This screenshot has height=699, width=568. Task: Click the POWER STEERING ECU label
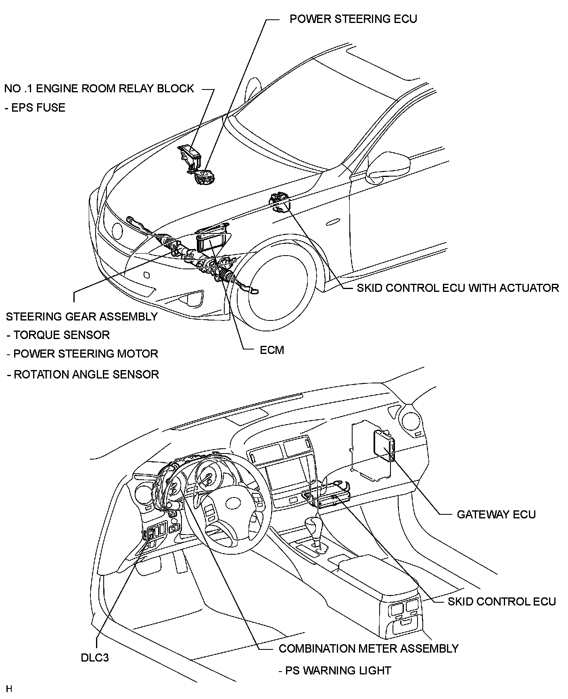click(353, 19)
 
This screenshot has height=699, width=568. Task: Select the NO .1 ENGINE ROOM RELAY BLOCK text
click(99, 89)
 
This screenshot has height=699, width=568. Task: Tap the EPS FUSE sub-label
click(35, 108)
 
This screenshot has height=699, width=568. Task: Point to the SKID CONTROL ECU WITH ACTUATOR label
click(458, 288)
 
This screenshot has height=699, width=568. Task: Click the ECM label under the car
click(272, 350)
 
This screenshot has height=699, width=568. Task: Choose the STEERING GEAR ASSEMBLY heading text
click(81, 316)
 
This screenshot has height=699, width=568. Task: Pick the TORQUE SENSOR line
click(58, 335)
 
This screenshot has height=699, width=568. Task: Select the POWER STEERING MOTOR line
click(82, 354)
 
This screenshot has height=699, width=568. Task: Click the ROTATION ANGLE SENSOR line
click(83, 374)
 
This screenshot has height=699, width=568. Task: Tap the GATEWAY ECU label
click(496, 514)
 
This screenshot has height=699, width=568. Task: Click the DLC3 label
click(95, 658)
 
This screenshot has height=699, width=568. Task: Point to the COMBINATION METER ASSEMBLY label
click(369, 649)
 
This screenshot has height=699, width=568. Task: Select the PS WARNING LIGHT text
click(335, 670)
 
